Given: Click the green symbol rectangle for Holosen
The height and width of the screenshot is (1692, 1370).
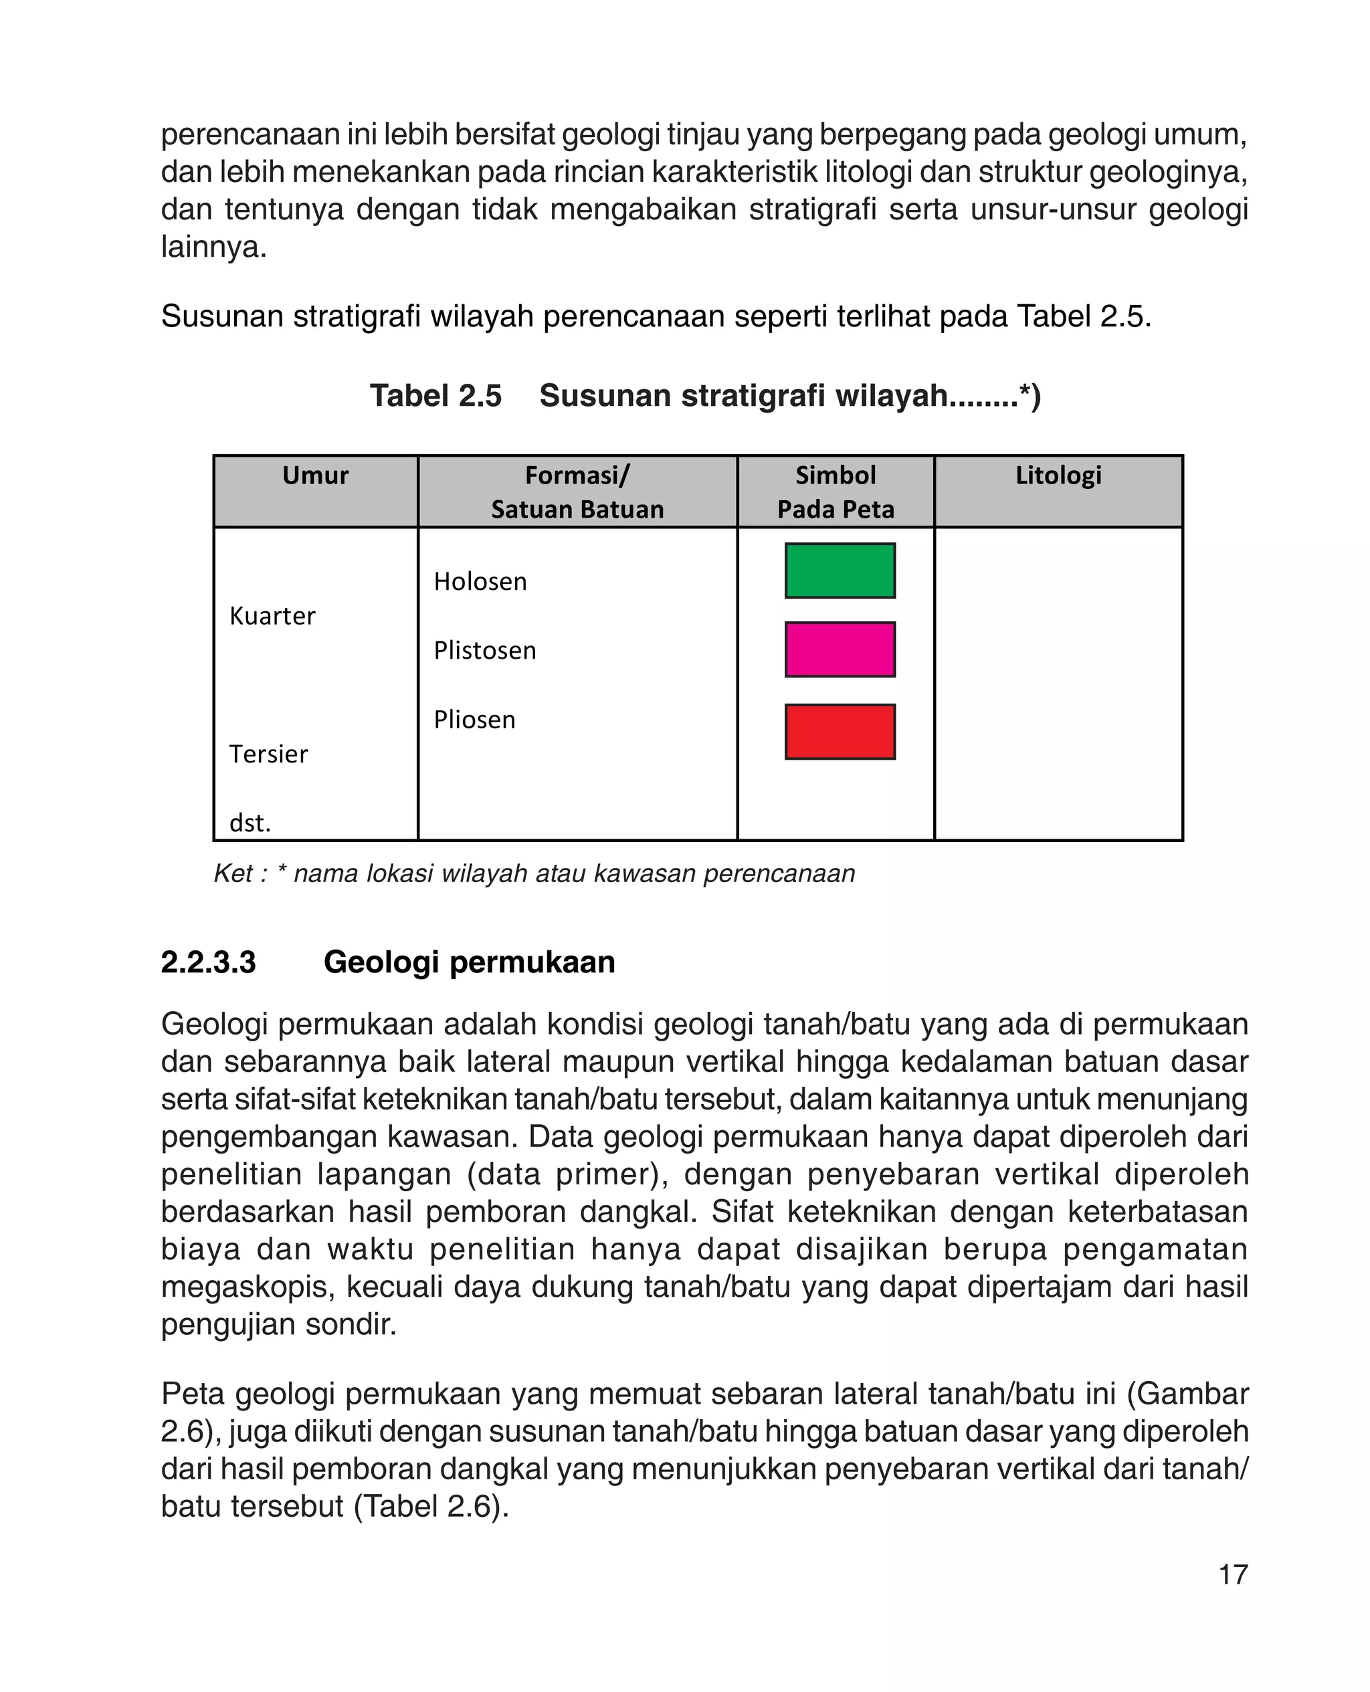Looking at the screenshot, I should point(840,570).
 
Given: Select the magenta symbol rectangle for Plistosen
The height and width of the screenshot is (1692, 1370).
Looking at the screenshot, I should point(840,649).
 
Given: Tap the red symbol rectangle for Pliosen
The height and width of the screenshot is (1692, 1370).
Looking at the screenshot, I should point(840,731).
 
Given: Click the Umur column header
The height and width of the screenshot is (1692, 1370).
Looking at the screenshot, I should point(315,475).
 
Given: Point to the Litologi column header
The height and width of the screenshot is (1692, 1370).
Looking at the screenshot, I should point(1058,475).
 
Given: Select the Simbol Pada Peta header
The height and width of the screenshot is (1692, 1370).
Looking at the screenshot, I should point(835,492).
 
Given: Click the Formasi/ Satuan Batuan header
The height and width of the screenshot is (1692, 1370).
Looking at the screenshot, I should point(577,492).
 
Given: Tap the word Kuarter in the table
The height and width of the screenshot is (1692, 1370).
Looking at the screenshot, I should point(272,616).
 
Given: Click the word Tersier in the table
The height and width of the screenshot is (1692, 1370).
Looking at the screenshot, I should point(268,754).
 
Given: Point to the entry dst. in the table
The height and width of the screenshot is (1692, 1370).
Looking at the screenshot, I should point(250,823).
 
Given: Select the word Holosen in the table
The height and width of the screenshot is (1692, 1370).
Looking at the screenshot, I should point(480,582).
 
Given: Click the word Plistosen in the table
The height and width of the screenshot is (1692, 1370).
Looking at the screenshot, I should point(484,651).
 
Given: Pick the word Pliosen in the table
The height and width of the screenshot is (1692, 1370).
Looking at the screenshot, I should point(474,720).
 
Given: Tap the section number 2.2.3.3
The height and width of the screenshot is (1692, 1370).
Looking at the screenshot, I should point(208,962).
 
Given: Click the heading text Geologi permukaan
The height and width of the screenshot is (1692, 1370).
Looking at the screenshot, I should point(469,962).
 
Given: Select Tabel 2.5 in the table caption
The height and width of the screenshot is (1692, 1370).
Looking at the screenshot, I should point(435,396).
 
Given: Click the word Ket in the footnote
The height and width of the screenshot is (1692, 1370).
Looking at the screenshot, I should point(233,874).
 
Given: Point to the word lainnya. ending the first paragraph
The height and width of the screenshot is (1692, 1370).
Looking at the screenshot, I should point(214,247).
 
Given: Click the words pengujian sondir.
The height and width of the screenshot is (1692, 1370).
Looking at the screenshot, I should point(278,1324).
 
